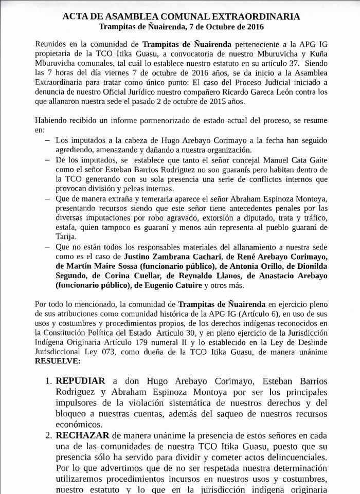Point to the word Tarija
tap(66, 237)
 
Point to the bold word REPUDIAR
tap(80, 381)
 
